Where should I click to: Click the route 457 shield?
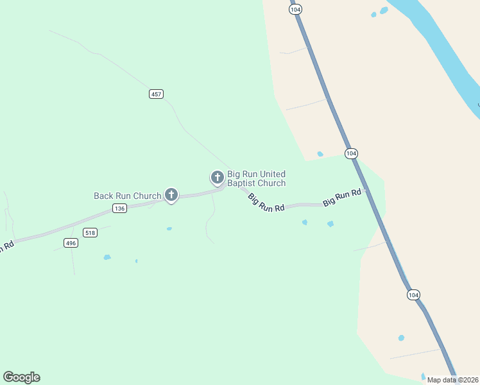coord(156,94)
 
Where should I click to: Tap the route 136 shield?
coord(119,208)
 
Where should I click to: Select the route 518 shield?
coord(90,232)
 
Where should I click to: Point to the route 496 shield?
coord(71,243)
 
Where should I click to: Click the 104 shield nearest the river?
coord(295,10)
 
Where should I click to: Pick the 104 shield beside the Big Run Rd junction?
coord(351,153)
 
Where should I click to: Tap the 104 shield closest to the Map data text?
coord(413,295)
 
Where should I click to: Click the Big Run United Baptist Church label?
coord(256,178)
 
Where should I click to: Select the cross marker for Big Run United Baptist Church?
coord(218,177)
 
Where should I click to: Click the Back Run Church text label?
coord(128,196)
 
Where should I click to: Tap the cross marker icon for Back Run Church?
coord(171,194)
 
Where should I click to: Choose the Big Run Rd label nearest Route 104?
coord(343,198)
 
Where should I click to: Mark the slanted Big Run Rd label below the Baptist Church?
coord(266,203)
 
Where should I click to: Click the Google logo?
coord(21,377)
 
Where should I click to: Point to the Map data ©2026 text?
coord(452,380)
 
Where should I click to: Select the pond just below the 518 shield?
coord(107,257)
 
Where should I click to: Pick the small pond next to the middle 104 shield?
coord(320,154)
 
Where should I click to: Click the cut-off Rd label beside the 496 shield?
coord(6,247)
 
